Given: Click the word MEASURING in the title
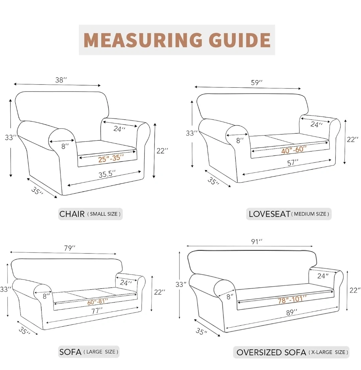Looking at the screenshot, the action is click(143, 40).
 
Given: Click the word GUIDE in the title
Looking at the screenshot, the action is click(240, 40).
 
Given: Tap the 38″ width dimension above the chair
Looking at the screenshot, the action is click(61, 80).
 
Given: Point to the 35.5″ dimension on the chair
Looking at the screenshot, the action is click(107, 174).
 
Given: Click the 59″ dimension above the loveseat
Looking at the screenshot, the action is click(257, 83).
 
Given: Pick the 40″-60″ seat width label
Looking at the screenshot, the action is click(293, 149).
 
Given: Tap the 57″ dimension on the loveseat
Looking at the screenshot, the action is click(293, 162).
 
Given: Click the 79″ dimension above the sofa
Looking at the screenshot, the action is click(70, 248).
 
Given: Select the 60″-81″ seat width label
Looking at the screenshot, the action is click(97, 302).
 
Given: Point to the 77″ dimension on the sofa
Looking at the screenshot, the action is click(97, 311).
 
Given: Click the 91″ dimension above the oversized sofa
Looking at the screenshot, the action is click(257, 242).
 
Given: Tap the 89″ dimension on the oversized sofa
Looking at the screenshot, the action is click(291, 312).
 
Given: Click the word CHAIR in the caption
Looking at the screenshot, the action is click(72, 214).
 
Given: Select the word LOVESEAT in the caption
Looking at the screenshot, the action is click(269, 214).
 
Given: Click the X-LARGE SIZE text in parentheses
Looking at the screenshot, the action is click(328, 352).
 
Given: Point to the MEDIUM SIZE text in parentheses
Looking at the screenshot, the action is click(310, 214).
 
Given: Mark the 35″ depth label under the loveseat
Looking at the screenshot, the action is click(213, 181).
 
